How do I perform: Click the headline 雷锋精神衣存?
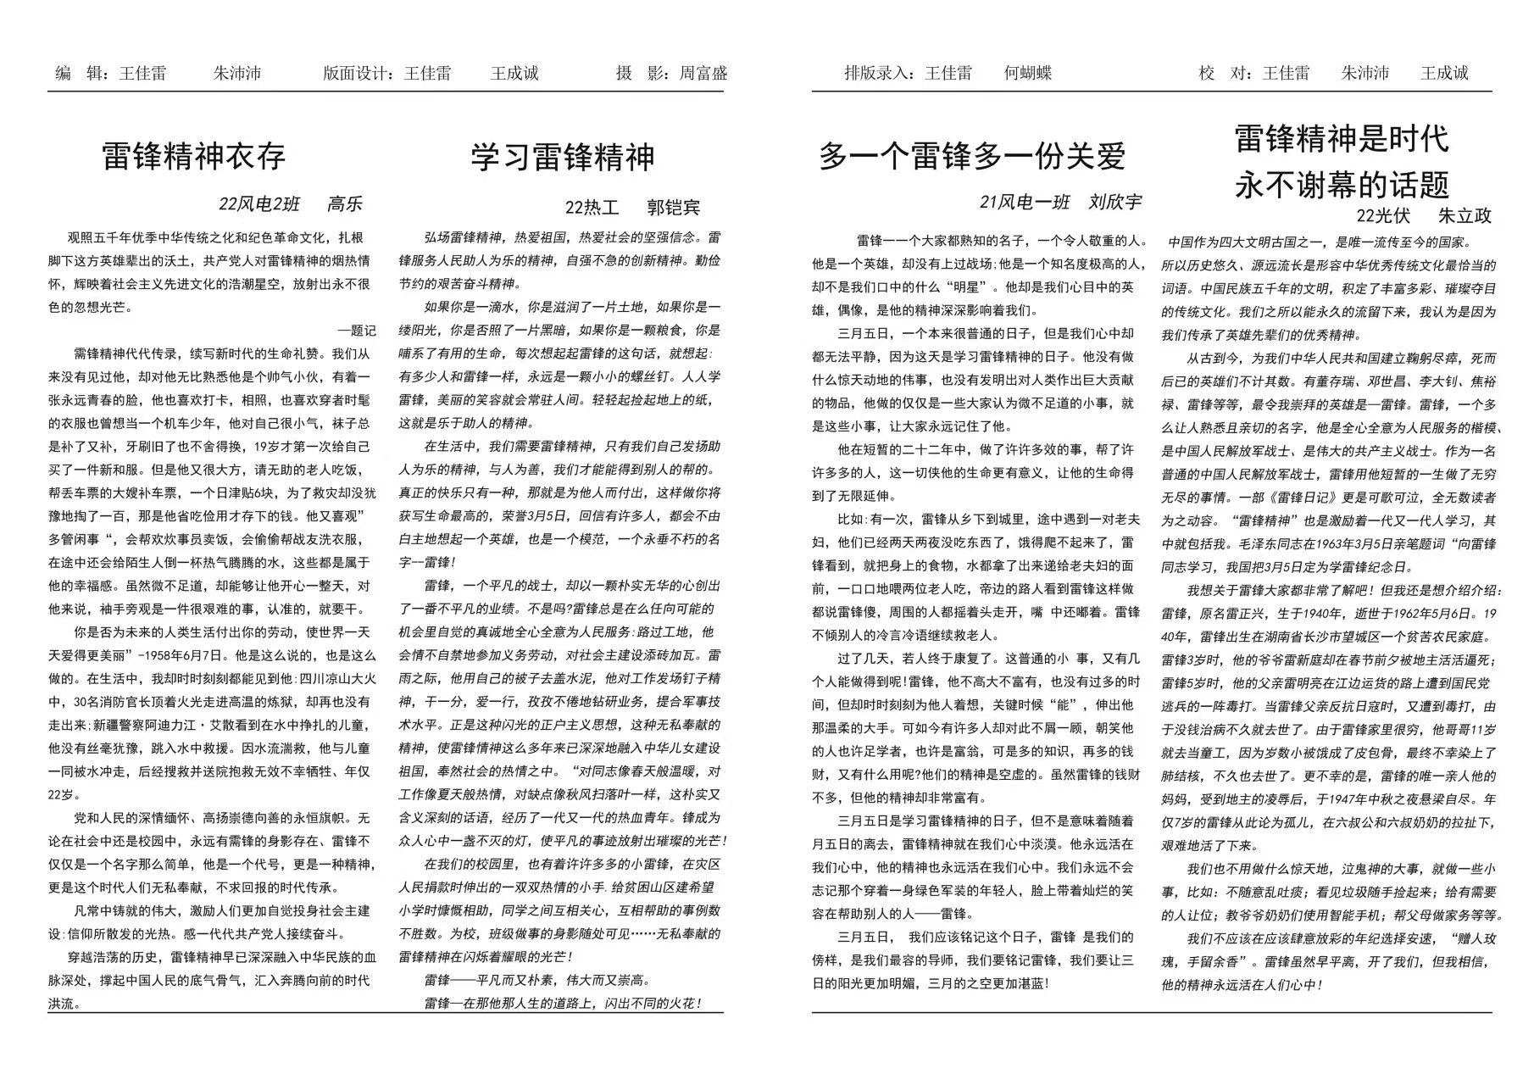click(x=194, y=157)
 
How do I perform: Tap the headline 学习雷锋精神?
click(x=563, y=157)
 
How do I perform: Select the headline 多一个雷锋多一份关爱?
click(x=972, y=157)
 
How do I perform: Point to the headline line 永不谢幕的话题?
click(x=1342, y=184)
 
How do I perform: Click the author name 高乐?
click(x=345, y=204)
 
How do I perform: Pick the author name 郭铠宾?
click(x=674, y=208)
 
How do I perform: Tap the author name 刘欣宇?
click(x=1115, y=202)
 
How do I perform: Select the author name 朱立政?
click(x=1465, y=215)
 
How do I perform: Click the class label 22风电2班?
click(x=259, y=204)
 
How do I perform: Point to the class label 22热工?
click(x=592, y=208)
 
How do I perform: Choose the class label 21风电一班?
click(x=1025, y=202)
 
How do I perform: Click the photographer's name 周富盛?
click(x=703, y=73)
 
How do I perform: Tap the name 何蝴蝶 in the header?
click(x=1027, y=73)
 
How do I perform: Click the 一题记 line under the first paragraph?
click(x=357, y=331)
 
